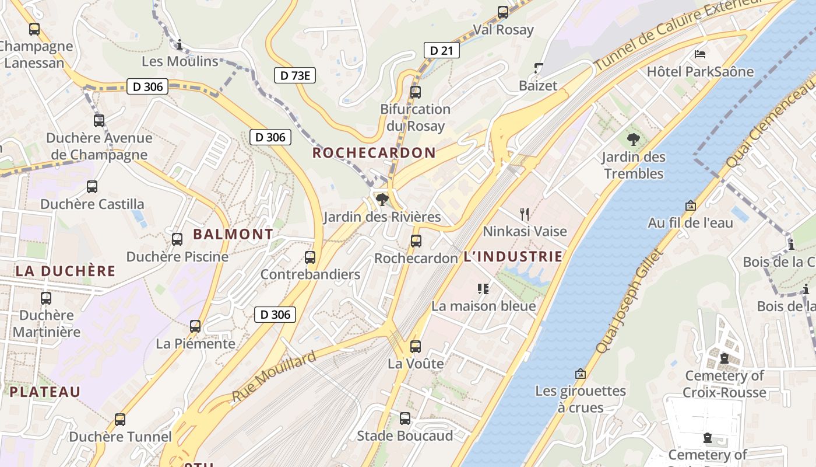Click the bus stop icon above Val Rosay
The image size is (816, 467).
tap(502, 12)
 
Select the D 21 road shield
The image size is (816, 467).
tap(441, 51)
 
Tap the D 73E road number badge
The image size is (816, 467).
tap(294, 75)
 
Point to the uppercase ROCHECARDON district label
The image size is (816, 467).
tap(374, 153)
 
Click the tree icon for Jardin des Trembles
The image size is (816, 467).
tap(633, 140)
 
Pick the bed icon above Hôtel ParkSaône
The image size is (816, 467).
tap(700, 54)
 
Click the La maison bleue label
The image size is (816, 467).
tap(483, 306)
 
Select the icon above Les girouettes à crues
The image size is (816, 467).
tap(581, 374)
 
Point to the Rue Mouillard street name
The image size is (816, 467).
tap(274, 377)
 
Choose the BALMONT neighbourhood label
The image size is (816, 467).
tap(233, 235)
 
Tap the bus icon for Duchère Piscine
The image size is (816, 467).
tap(177, 239)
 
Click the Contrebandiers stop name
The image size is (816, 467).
tap(310, 274)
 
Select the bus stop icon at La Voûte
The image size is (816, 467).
tap(416, 347)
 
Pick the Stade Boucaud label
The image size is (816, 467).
tap(405, 436)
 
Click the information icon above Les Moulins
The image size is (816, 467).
tap(180, 44)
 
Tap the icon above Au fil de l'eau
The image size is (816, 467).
tap(691, 205)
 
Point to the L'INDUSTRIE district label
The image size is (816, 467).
tap(513, 257)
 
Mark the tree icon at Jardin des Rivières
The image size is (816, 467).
tap(382, 200)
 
